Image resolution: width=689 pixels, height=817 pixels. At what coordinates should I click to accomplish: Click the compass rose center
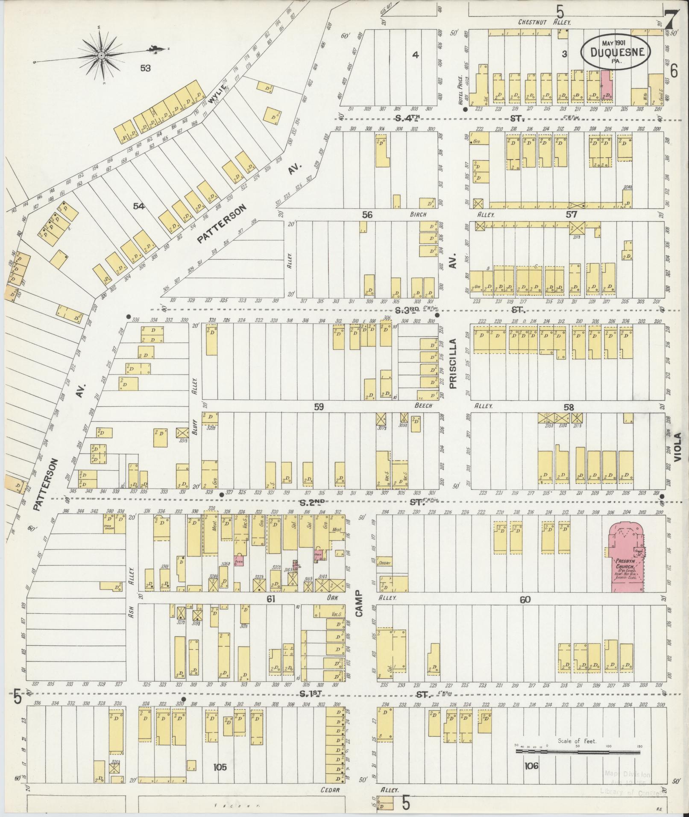[101, 56]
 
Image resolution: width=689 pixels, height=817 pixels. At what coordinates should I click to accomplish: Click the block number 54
[138, 206]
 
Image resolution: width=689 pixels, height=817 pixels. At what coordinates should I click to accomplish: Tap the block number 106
[531, 766]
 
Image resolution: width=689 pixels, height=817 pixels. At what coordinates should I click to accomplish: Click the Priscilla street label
[453, 363]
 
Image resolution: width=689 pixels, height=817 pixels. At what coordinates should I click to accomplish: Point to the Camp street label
[358, 603]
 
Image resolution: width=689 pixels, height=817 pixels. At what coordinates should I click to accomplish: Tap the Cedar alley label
[330, 790]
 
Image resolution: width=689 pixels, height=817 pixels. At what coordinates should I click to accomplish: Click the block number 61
[270, 599]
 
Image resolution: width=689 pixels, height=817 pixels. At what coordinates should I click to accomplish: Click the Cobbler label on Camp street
[385, 563]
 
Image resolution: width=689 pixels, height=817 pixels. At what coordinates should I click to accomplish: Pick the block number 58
[569, 407]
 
